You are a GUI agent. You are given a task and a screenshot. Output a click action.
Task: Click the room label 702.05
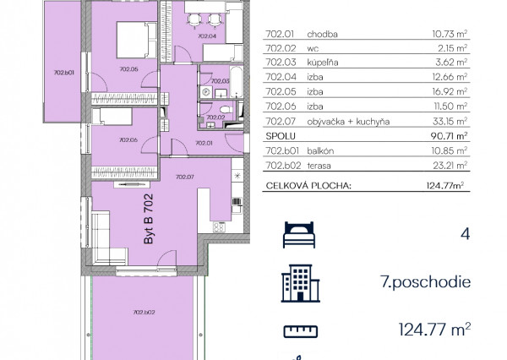128,69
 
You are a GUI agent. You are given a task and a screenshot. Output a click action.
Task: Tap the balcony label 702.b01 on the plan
63,73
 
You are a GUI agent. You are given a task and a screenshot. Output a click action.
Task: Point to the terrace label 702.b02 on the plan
144,313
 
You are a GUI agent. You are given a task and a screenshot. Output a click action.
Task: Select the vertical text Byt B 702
148,219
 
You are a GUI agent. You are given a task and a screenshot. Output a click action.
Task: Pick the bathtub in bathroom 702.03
237,81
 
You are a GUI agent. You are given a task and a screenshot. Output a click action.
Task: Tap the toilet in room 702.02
226,109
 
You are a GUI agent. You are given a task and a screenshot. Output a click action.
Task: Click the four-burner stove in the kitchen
219,227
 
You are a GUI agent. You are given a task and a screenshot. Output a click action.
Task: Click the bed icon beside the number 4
299,235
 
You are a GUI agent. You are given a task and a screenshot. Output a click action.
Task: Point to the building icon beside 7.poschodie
300,283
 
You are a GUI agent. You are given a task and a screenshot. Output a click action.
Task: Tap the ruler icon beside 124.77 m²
300,331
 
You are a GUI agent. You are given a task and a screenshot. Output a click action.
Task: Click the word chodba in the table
322,35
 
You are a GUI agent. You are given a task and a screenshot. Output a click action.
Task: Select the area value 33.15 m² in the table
450,121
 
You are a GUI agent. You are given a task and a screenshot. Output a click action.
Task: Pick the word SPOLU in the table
281,136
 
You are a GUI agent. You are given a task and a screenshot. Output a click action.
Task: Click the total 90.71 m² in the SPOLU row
449,136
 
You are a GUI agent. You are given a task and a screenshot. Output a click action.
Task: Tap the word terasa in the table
319,166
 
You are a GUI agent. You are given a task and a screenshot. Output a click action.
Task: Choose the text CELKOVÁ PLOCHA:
308,186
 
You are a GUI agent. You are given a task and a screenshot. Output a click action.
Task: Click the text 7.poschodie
425,282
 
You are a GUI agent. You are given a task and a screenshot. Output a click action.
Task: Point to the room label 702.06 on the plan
128,140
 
